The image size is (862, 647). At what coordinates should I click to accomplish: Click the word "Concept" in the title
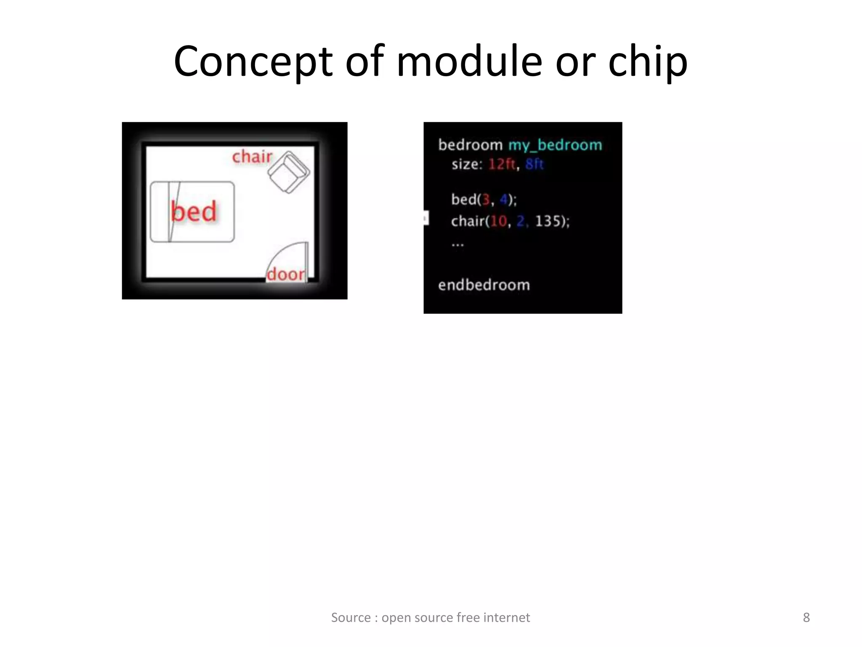253,62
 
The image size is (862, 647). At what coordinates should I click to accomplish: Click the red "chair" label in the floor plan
252,157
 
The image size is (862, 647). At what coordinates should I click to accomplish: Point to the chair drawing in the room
289,172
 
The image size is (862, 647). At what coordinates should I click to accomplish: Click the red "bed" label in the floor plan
194,211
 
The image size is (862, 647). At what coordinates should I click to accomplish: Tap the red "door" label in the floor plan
286,274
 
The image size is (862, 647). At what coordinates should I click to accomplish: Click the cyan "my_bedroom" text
555,145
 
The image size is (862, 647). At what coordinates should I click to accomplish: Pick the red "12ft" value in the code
502,164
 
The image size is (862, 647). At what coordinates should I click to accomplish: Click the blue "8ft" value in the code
535,164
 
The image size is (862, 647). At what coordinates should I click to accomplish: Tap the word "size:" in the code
467,164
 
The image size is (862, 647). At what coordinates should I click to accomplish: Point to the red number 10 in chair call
499,221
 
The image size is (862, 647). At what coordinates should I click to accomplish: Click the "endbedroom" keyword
484,285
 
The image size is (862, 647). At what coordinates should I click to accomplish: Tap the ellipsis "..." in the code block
458,244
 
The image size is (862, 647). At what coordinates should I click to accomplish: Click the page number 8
806,618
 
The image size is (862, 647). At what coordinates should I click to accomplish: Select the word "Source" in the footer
351,618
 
